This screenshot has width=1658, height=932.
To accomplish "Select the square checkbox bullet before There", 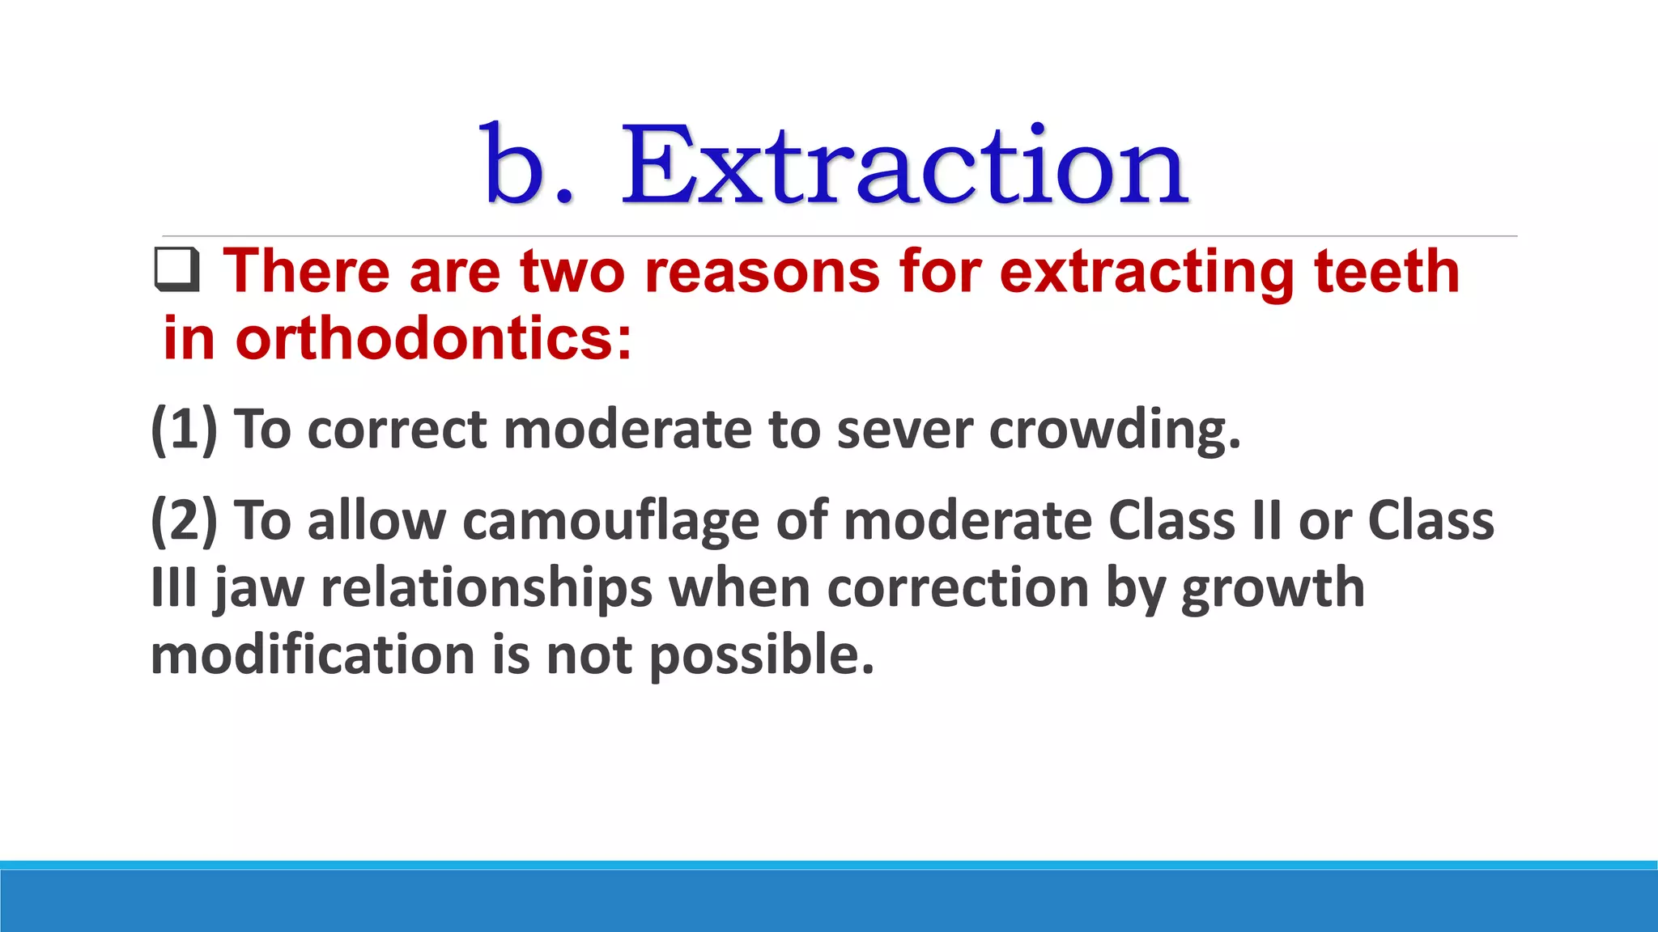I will click(177, 270).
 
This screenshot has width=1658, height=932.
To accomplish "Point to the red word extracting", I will click(1146, 273).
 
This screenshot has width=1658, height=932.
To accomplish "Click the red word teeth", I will click(1387, 272).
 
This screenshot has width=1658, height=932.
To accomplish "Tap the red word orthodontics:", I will click(433, 339).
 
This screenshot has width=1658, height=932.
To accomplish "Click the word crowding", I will click(1115, 430).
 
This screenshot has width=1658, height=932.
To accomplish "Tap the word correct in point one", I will click(397, 430).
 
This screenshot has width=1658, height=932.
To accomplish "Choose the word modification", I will click(312, 655).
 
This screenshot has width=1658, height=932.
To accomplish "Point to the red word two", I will click(572, 272).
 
